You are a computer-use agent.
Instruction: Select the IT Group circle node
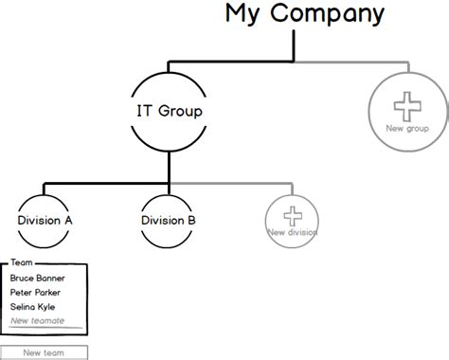pyautogui.click(x=169, y=111)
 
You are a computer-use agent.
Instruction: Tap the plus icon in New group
pyautogui.click(x=407, y=104)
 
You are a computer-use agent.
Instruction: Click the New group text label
pyautogui.click(x=407, y=128)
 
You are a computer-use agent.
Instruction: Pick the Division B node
pyautogui.click(x=169, y=220)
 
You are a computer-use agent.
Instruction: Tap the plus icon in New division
pyautogui.click(x=292, y=214)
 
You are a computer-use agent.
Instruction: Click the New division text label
pyautogui.click(x=292, y=232)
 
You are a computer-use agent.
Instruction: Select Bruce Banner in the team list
pyautogui.click(x=37, y=279)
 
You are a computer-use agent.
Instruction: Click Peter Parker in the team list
pyautogui.click(x=36, y=293)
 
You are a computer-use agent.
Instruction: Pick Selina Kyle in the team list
pyautogui.click(x=33, y=307)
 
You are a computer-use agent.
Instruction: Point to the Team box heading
pyautogui.click(x=21, y=264)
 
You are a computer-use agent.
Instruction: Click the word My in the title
pyautogui.click(x=240, y=14)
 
